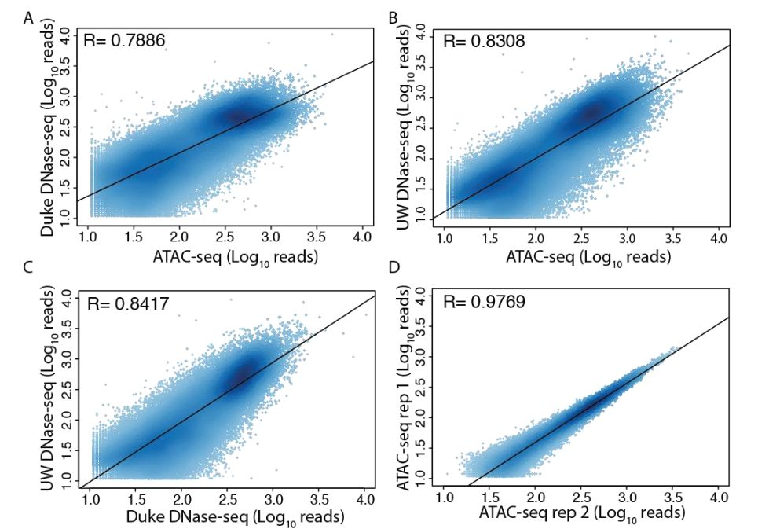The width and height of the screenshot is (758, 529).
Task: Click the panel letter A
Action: point(28,17)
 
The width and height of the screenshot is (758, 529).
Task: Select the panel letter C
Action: point(28,266)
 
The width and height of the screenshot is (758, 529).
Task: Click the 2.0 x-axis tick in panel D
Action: point(536,498)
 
